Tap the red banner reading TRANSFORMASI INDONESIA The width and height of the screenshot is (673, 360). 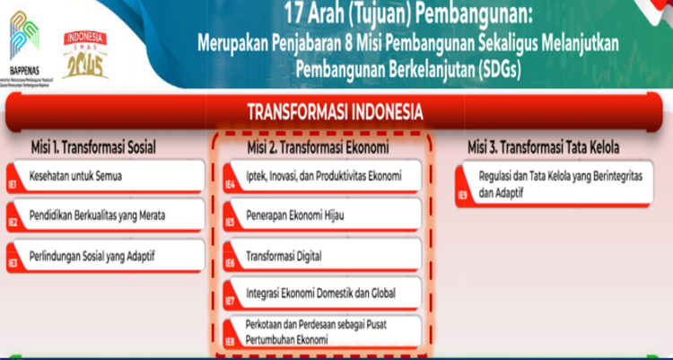(x=336, y=112)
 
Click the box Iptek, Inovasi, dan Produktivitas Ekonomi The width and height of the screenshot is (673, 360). (x=323, y=176)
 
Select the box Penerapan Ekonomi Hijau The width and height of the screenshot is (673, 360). (x=323, y=216)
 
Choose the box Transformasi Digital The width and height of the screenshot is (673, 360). (x=323, y=256)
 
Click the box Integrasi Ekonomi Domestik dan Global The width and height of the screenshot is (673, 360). (x=323, y=294)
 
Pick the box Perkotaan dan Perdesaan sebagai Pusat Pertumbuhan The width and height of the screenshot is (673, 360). (x=323, y=333)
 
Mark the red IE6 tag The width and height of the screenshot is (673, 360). (x=230, y=263)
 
